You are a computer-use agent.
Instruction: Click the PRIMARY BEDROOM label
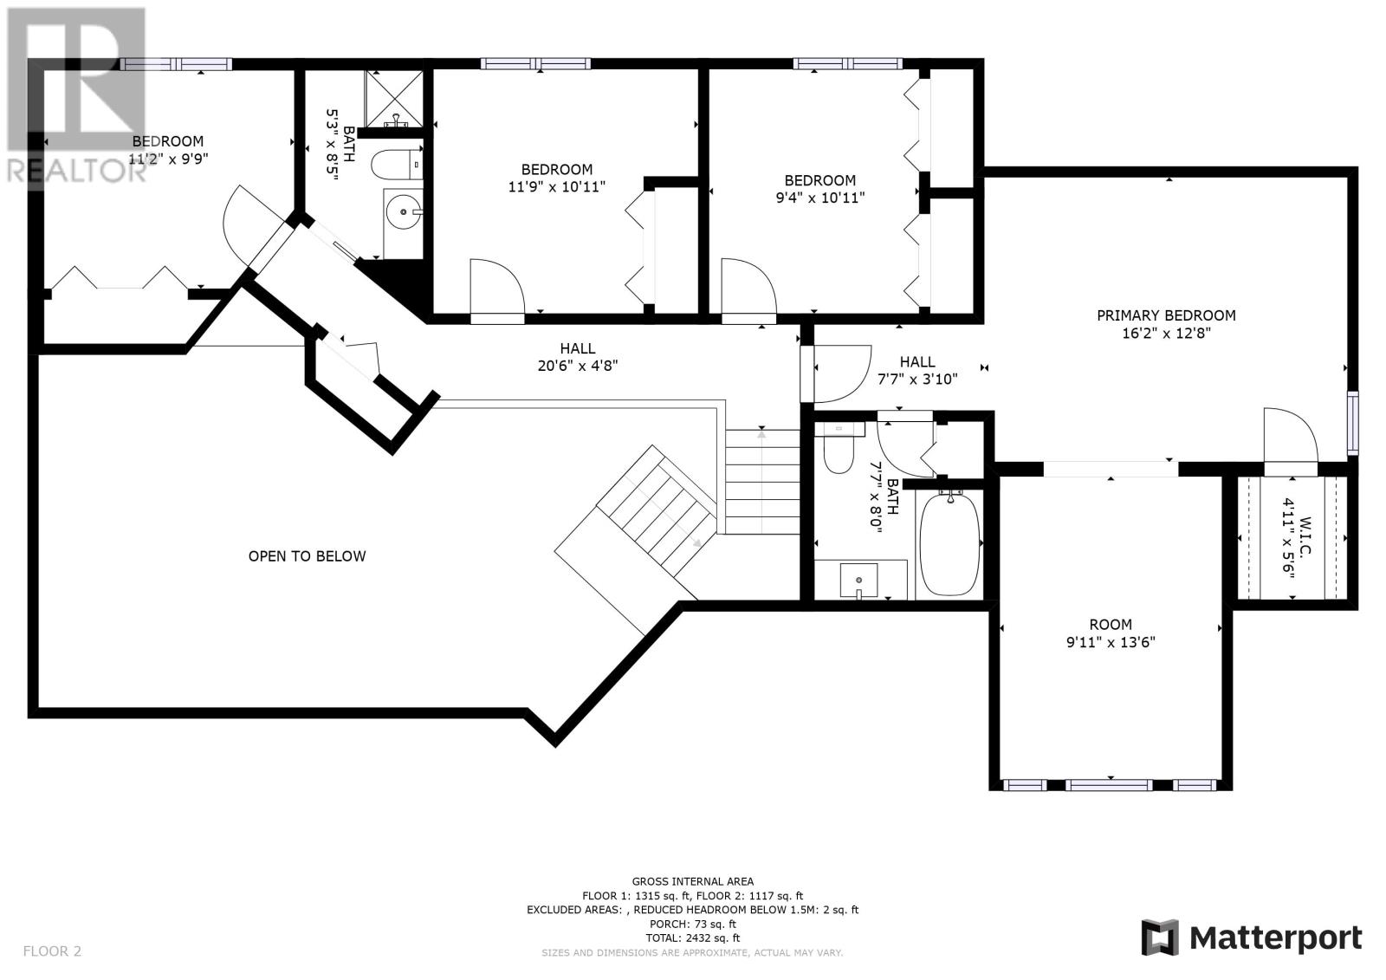tap(1166, 315)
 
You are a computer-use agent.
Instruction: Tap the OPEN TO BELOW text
tap(307, 556)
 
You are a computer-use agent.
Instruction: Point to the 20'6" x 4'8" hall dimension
tap(578, 366)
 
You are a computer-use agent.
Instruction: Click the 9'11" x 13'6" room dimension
tap(1111, 643)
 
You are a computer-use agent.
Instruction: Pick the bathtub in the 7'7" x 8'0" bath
tap(950, 543)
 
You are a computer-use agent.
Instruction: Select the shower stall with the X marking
tap(393, 99)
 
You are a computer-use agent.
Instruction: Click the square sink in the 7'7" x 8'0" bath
tap(858, 581)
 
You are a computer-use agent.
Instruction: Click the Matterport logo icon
tap(1160, 938)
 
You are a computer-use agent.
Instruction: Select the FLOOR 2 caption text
tap(52, 951)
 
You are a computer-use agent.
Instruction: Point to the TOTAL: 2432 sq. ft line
tap(692, 938)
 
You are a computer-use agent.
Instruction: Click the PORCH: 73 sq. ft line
tap(692, 924)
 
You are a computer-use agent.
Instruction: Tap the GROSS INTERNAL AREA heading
tap(692, 881)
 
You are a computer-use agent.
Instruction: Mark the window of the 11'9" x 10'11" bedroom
tap(536, 63)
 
